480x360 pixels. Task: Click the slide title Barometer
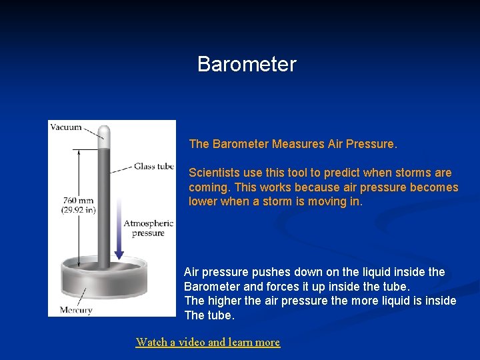(247, 65)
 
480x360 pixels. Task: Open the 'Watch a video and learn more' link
(207, 342)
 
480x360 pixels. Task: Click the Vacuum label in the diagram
(66, 127)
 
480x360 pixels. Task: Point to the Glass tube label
(153, 167)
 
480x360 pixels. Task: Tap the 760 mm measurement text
(78, 200)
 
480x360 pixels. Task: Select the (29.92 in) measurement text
(79, 210)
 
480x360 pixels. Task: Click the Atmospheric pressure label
(148, 228)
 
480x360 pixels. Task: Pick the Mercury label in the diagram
(75, 310)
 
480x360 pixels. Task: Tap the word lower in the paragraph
(203, 201)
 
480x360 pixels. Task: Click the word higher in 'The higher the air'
(225, 301)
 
